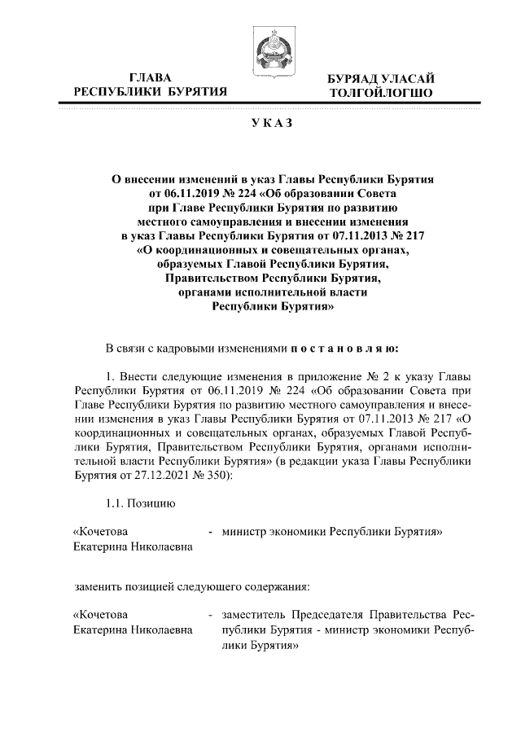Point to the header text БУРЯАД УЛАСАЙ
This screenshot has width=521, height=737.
(375, 78)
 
